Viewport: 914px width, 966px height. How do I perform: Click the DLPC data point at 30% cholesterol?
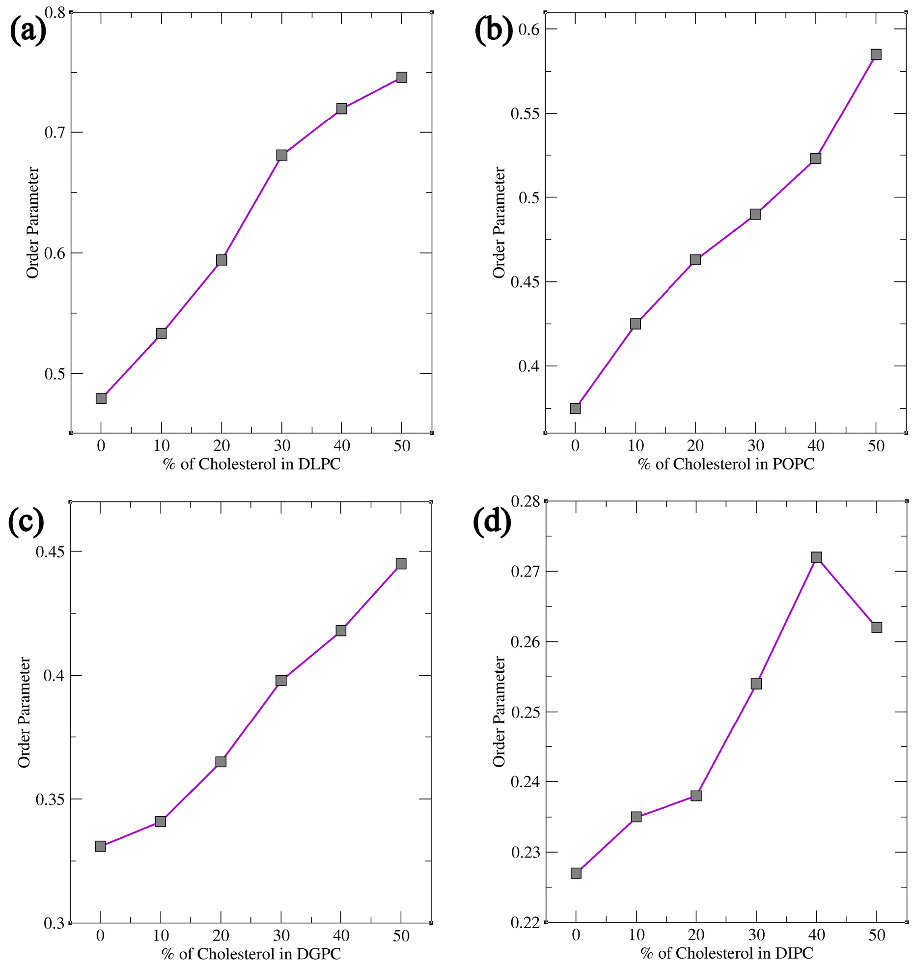(x=281, y=155)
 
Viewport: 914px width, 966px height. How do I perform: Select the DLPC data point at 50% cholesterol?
(x=402, y=77)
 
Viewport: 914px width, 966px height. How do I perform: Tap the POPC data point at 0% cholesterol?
(x=575, y=408)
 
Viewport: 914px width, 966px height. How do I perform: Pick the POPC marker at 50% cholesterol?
(x=876, y=54)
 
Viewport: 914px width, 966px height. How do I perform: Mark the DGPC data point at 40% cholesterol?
(x=341, y=630)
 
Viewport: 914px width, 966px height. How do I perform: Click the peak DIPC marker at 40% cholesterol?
(x=816, y=557)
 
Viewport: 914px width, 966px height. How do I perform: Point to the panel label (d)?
(x=492, y=522)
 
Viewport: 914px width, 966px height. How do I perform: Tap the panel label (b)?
(x=494, y=30)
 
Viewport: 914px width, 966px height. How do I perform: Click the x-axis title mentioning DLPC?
(x=251, y=464)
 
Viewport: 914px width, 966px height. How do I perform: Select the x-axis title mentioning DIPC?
(x=726, y=953)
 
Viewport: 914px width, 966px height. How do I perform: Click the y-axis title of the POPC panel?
(x=499, y=222)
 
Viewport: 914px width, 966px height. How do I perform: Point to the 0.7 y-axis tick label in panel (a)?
(x=55, y=132)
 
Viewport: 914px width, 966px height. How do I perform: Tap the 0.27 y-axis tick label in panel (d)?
(x=525, y=571)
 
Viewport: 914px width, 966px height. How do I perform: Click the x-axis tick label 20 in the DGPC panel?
(x=221, y=935)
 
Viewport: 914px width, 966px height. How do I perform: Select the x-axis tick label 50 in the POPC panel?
(x=876, y=446)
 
